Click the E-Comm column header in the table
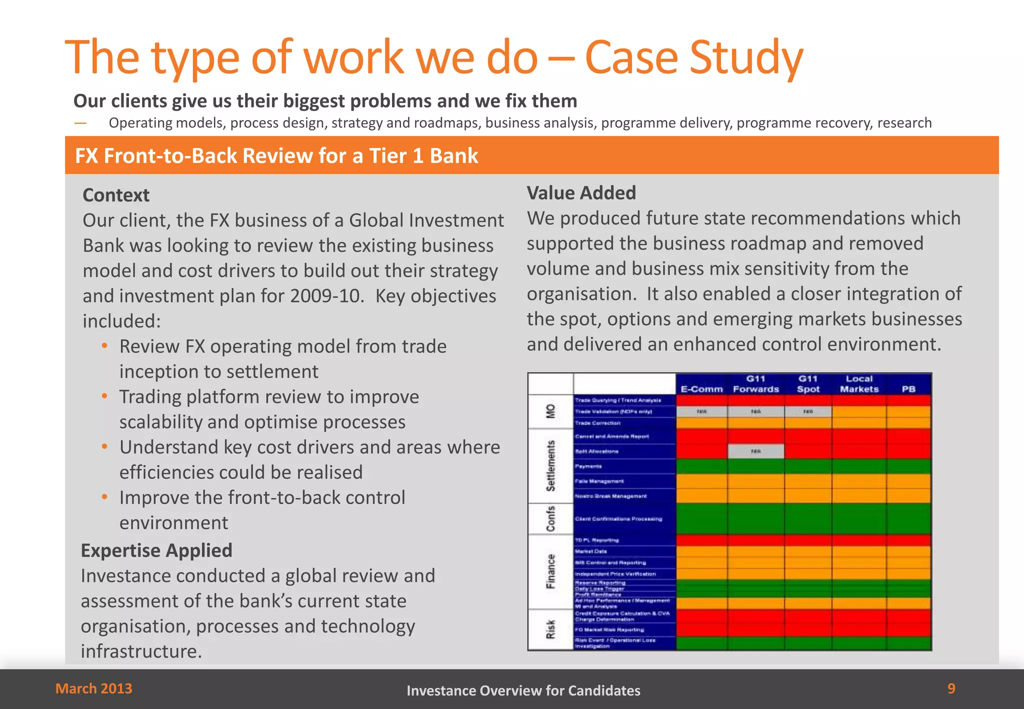click(x=701, y=389)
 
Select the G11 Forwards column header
click(x=756, y=384)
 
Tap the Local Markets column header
click(x=859, y=384)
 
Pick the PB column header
click(x=908, y=389)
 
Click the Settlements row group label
click(x=550, y=465)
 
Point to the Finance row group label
click(x=550, y=571)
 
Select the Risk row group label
click(x=550, y=629)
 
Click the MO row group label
click(x=550, y=411)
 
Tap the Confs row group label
click(x=550, y=518)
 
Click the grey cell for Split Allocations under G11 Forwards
click(x=755, y=451)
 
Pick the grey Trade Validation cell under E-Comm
click(x=701, y=411)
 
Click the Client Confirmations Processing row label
click(x=618, y=519)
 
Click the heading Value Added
click(x=581, y=193)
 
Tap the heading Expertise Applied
click(x=156, y=550)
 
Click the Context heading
click(x=116, y=195)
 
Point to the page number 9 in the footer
click(x=951, y=688)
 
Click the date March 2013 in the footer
click(x=94, y=688)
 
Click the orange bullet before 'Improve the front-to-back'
click(x=104, y=497)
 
